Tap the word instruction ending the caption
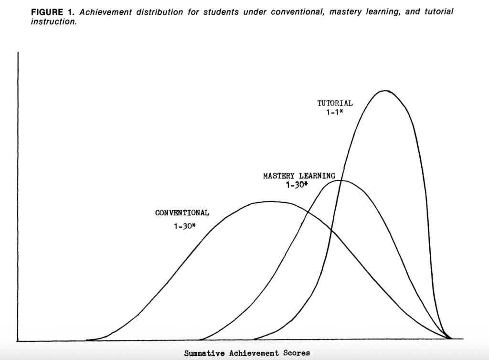click(52, 22)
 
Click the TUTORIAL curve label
click(335, 103)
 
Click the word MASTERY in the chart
click(279, 176)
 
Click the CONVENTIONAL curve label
click(182, 213)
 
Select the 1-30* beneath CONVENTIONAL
click(184, 225)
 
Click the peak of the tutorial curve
click(385, 90)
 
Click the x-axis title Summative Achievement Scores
click(247, 353)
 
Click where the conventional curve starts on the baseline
click(87, 340)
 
